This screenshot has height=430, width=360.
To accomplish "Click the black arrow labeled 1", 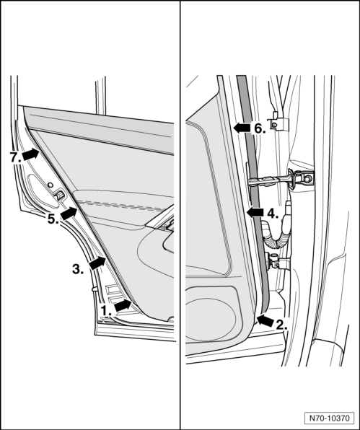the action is [123, 305].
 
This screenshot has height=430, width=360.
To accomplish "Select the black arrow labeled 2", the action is [265, 320].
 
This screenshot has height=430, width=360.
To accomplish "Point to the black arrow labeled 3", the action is [97, 263].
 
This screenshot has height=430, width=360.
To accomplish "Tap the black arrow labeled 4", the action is [255, 213].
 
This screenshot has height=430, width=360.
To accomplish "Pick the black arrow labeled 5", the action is [69, 214].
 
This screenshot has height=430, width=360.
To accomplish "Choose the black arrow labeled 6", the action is [242, 128].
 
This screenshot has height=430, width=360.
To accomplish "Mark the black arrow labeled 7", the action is [30, 154].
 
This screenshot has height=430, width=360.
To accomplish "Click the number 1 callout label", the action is [106, 311].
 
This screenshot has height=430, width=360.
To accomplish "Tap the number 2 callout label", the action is [281, 325].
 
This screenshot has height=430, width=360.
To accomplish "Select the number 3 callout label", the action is [78, 269].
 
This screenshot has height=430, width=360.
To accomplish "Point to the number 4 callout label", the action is [273, 213].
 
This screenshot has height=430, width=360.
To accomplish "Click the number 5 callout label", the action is [53, 219].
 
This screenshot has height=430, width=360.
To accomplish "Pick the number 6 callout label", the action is [260, 128].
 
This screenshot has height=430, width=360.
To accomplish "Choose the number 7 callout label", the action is [16, 157].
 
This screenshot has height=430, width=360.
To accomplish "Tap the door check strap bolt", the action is [309, 178].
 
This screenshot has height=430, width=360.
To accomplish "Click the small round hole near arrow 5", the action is [50, 185].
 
